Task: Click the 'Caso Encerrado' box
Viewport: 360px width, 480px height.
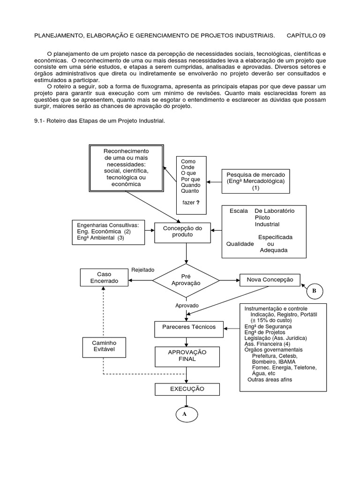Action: tap(105, 277)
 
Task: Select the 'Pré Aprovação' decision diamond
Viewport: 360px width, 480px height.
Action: tap(187, 280)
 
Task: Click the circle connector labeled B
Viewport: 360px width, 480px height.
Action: tap(315, 291)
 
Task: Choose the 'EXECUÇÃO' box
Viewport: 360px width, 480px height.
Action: tap(187, 389)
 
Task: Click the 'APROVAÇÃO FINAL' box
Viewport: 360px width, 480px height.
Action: tap(187, 355)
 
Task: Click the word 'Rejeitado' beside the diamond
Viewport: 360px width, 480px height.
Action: tap(143, 270)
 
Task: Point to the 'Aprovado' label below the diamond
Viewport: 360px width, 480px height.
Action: tap(187, 305)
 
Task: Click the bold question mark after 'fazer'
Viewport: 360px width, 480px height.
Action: tap(198, 202)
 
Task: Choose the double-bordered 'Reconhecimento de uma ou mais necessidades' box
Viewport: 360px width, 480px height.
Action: tap(126, 168)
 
